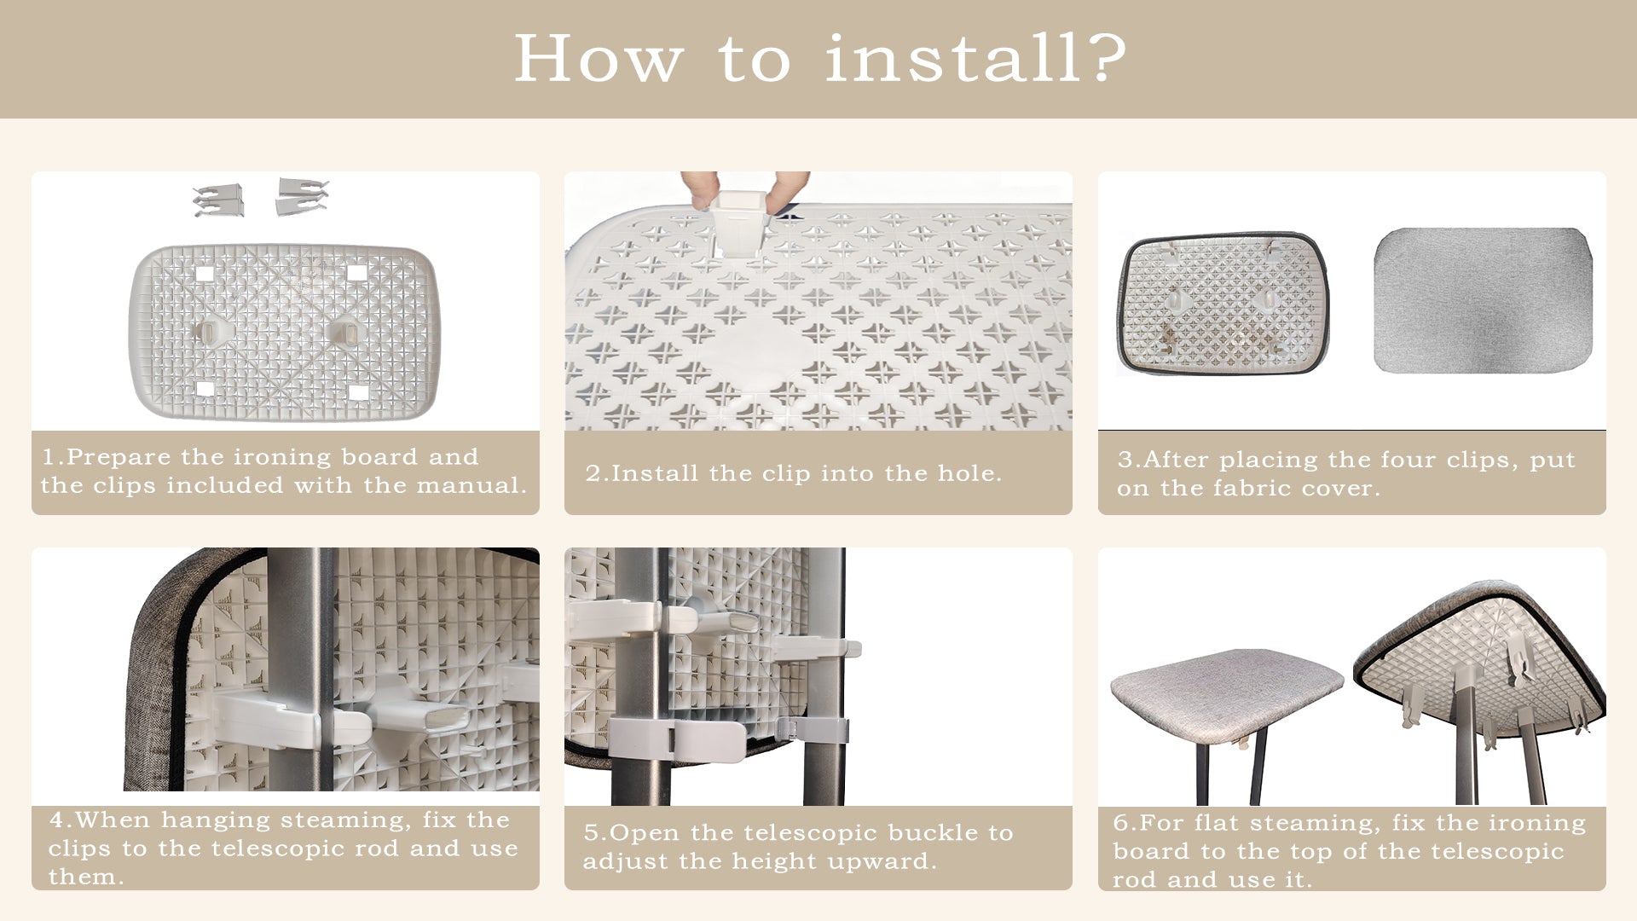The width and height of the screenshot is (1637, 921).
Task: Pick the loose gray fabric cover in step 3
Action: click(1483, 299)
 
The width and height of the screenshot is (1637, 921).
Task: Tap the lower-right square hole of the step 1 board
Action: click(358, 392)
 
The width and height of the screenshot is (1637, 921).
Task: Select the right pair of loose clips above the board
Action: click(303, 195)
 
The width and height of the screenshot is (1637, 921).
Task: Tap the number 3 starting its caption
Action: click(1125, 460)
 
